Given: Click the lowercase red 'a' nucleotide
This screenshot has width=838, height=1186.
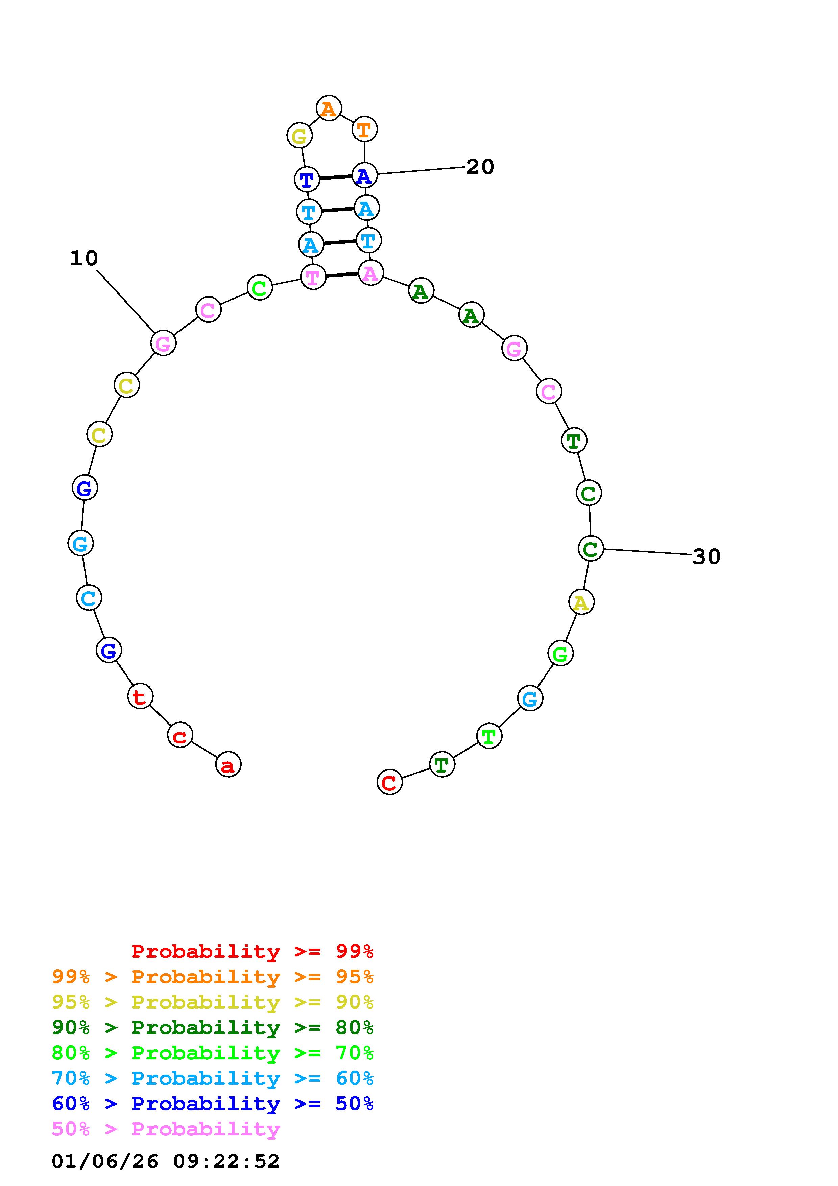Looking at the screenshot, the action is [228, 764].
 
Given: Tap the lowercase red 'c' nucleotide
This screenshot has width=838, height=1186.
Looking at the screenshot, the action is [180, 735].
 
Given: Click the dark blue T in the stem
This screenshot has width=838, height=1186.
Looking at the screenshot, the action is [307, 179].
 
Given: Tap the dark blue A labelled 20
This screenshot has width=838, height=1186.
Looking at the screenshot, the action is [364, 175].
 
